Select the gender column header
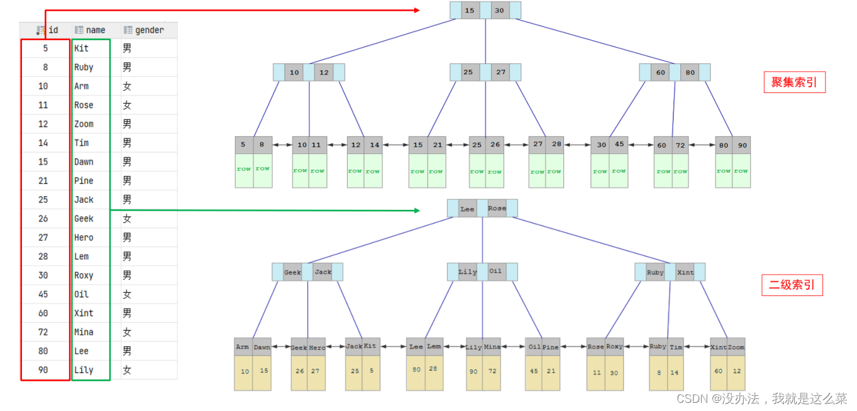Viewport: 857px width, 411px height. pyautogui.click(x=149, y=30)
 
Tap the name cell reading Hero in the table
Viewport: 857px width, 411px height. pyautogui.click(x=84, y=238)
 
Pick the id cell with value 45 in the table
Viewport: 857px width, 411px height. pyautogui.click(x=43, y=294)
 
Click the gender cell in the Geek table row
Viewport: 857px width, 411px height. pyautogui.click(x=127, y=219)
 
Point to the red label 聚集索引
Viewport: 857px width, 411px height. pyautogui.click(x=794, y=82)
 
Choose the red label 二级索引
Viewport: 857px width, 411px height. pyautogui.click(x=792, y=285)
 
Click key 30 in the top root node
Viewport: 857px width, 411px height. pyautogui.click(x=499, y=11)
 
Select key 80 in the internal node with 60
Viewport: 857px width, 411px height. pyautogui.click(x=690, y=73)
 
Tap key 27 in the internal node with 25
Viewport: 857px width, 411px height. pyautogui.click(x=500, y=72)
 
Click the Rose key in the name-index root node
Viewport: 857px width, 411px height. pyautogui.click(x=497, y=209)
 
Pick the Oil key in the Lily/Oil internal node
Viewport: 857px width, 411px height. pyautogui.click(x=495, y=271)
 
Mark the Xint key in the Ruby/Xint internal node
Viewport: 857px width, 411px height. pyautogui.click(x=685, y=272)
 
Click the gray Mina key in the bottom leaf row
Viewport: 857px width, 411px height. pyautogui.click(x=492, y=347)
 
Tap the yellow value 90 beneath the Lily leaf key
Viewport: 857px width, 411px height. pyautogui.click(x=473, y=371)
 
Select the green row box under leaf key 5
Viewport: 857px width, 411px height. pyautogui.click(x=244, y=169)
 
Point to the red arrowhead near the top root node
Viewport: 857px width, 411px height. pyautogui.click(x=416, y=10)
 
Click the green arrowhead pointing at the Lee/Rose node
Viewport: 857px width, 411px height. pyautogui.click(x=416, y=211)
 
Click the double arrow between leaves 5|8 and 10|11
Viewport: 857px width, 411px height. pyautogui.click(x=282, y=145)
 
